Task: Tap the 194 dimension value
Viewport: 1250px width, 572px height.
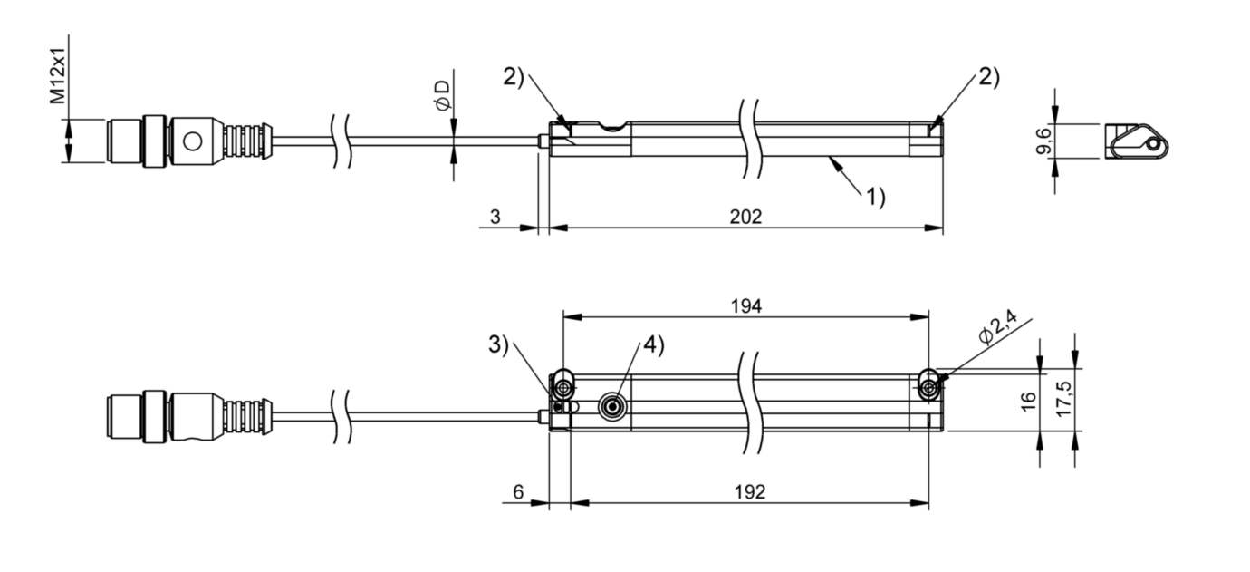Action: (x=747, y=305)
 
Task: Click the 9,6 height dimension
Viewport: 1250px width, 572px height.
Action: (x=1043, y=141)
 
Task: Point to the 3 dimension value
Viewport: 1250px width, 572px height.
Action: (x=494, y=217)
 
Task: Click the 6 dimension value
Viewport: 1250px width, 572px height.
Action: (x=517, y=492)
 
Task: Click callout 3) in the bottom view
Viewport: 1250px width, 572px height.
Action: (x=499, y=344)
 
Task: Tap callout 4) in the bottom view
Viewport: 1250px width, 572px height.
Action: (x=653, y=344)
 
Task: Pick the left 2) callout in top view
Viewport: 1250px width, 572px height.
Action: (x=514, y=77)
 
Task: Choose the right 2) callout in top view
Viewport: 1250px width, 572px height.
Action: (x=988, y=78)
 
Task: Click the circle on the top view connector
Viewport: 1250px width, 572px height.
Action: (x=192, y=141)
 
